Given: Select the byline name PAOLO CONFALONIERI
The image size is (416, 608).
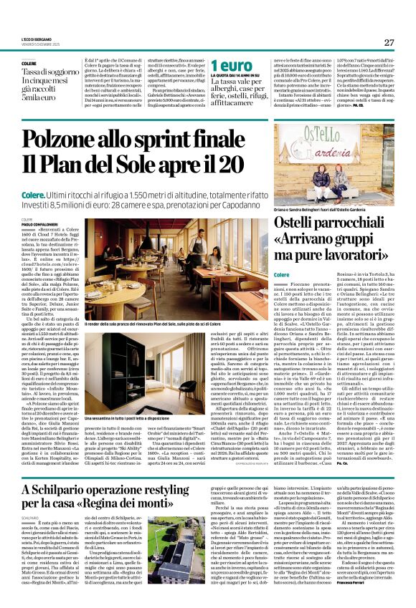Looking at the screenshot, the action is [x=42, y=223].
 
